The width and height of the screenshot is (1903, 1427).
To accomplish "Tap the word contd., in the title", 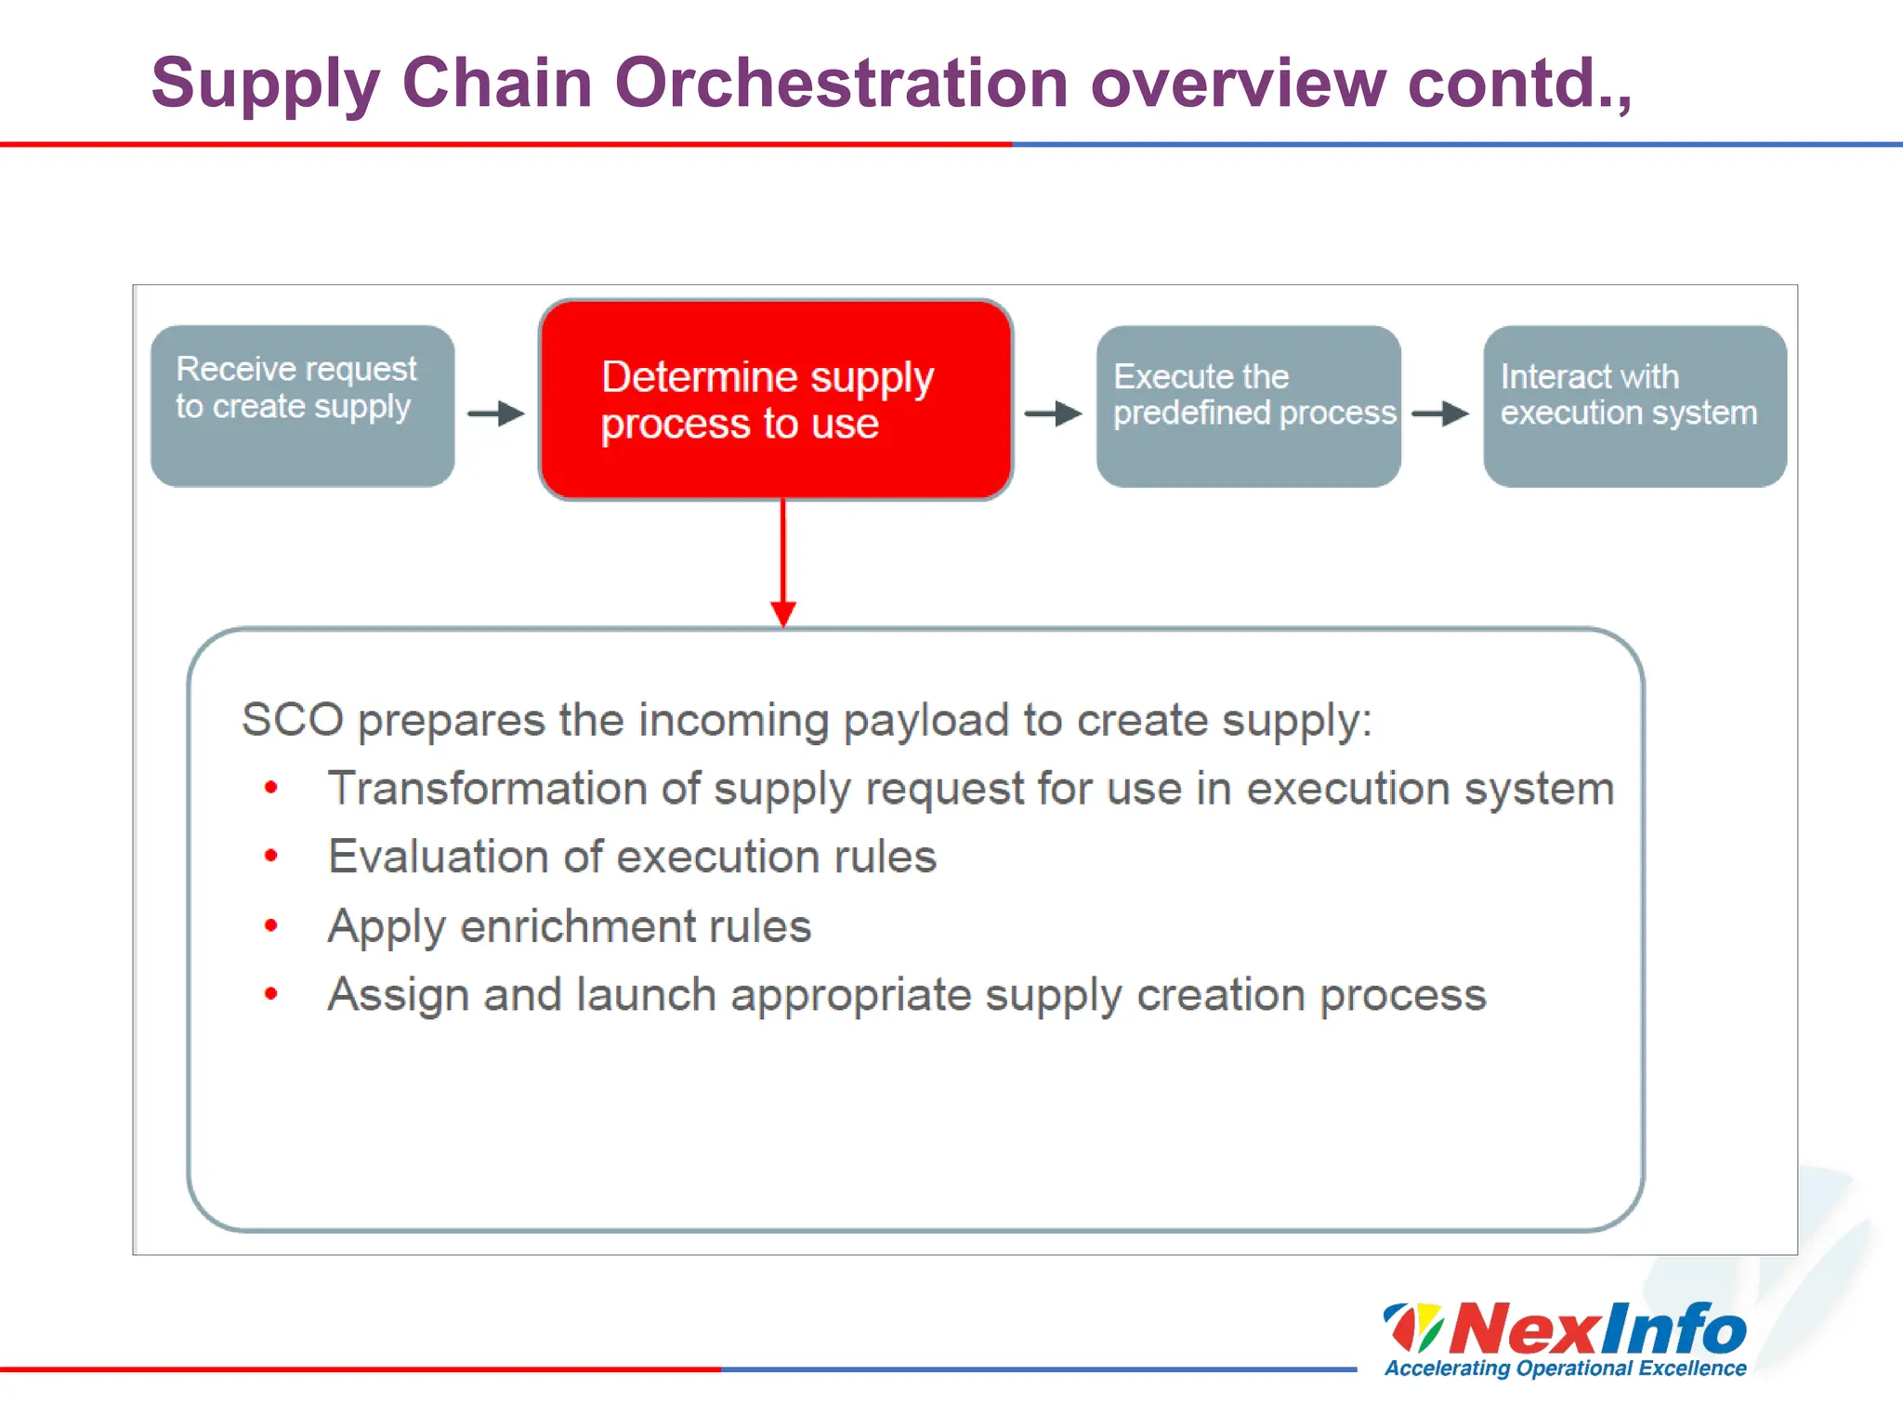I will point(1518,84).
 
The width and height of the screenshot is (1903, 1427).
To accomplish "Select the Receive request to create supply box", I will point(302,406).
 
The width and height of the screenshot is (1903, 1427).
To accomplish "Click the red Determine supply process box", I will point(775,400).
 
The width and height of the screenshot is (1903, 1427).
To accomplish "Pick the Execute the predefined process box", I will point(1247,406).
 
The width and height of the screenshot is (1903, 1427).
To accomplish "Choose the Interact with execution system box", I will point(1634,406).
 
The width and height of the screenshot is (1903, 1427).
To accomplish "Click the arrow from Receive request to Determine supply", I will point(496,413).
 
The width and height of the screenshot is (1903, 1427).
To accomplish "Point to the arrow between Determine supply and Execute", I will point(1053,413).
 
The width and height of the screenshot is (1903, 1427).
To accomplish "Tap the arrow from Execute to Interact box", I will point(1440,413).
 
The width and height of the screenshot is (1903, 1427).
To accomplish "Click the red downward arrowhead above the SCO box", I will point(783,613).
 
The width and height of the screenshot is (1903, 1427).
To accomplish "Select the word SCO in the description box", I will point(292,720).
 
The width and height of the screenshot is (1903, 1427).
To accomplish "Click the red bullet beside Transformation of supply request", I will point(270,788).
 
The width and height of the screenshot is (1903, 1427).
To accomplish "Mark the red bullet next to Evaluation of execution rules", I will point(270,856).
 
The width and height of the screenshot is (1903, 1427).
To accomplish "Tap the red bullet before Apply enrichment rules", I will point(270,925).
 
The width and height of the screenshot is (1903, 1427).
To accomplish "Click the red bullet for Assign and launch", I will point(270,994).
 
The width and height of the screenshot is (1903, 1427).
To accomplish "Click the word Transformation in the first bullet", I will point(487,789).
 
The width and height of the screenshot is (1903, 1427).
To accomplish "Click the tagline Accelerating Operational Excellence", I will point(1565,1368).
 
